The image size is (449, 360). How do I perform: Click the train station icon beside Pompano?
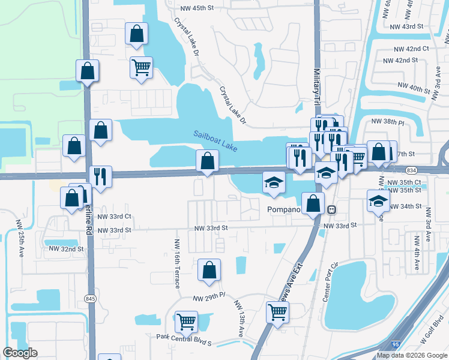coord(331,210)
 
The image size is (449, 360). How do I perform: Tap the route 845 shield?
coord(91,298)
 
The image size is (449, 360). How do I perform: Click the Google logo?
coord(20,353)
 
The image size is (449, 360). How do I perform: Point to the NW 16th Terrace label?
coord(177,264)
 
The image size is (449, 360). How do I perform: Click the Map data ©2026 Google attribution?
coord(412,355)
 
